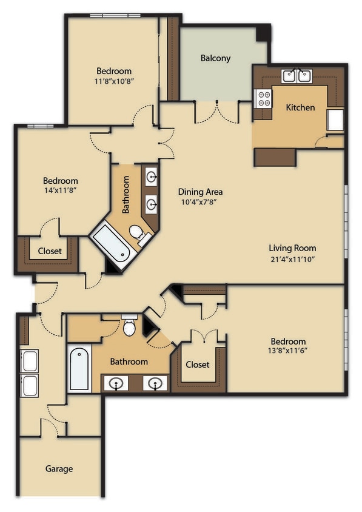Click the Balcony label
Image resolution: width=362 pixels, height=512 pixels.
pyautogui.click(x=215, y=58)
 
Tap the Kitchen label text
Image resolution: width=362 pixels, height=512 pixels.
pyautogui.click(x=300, y=107)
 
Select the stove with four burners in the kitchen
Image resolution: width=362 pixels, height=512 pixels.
pyautogui.click(x=264, y=98)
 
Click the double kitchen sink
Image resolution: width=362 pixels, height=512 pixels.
pyautogui.click(x=297, y=76)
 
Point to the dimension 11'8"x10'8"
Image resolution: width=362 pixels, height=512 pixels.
pyautogui.click(x=113, y=81)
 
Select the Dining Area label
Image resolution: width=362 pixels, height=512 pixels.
pyautogui.click(x=200, y=192)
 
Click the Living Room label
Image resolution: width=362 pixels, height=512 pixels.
pyautogui.click(x=292, y=248)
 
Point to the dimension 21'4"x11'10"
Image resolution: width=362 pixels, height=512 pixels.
pyautogui.click(x=292, y=258)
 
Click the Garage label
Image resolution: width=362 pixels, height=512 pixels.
pyautogui.click(x=59, y=468)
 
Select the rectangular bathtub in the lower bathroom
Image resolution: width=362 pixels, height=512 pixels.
pyautogui.click(x=79, y=368)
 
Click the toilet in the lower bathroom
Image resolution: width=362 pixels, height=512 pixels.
pyautogui.click(x=129, y=326)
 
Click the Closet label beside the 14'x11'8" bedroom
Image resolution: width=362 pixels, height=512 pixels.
pyautogui.click(x=50, y=251)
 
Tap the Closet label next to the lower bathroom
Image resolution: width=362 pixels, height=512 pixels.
pyautogui.click(x=197, y=365)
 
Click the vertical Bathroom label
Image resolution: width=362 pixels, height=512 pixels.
pyautogui.click(x=126, y=195)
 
